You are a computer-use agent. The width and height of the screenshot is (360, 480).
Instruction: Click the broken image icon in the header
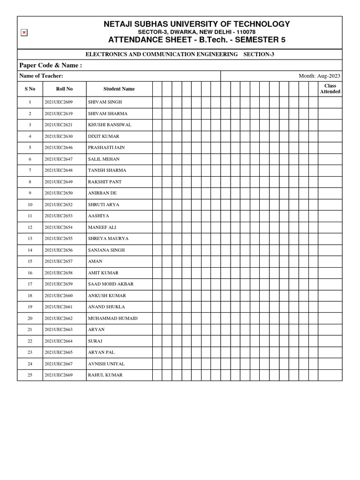(24, 32)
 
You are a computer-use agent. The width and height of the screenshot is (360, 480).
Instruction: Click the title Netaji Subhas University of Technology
(196, 24)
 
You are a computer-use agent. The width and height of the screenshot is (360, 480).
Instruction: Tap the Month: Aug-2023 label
(319, 76)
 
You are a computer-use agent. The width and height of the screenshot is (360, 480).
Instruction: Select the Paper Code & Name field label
(51, 65)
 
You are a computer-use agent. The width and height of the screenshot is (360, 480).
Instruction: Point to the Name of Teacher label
(41, 76)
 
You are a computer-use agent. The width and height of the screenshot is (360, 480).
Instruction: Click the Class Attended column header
(330, 89)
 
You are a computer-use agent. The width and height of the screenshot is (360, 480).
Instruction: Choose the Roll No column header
(64, 89)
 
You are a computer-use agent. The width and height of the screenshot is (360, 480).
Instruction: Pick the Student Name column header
(119, 89)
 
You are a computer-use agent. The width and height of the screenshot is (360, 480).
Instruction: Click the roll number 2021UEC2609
(59, 102)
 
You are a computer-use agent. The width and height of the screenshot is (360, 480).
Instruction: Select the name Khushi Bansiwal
(110, 125)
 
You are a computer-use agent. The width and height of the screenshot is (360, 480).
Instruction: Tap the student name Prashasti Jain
(106, 148)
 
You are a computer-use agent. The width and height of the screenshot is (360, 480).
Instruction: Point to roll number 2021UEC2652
(59, 205)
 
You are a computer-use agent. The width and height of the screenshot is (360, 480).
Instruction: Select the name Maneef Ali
(102, 227)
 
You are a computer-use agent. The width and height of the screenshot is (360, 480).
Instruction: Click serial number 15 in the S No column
(30, 261)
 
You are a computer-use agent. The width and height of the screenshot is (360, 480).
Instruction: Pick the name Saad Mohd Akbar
(111, 284)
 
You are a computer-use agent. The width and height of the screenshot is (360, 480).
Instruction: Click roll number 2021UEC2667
(59, 364)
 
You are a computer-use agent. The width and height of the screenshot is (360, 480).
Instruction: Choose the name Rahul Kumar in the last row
(105, 375)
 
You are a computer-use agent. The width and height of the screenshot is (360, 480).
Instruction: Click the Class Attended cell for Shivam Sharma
(330, 113)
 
